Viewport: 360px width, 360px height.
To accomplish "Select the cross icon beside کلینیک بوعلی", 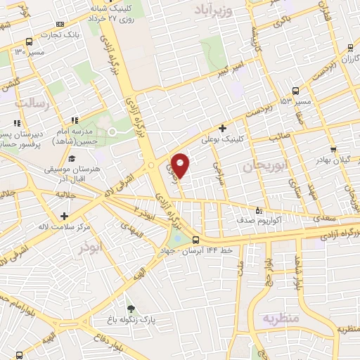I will [222, 128].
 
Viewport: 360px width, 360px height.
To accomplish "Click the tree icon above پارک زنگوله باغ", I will [130, 308].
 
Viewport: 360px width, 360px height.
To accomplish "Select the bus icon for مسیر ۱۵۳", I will [295, 91].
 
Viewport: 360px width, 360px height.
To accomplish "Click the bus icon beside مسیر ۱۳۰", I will [27, 41].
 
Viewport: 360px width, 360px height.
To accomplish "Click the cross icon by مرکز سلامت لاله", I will [65, 216].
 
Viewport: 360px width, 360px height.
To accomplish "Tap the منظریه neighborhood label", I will [281, 319].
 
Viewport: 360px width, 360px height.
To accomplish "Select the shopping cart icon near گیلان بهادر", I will [333, 149].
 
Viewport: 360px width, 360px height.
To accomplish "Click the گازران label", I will [337, 61].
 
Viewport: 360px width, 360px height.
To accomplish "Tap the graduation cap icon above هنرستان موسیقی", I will [72, 157].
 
